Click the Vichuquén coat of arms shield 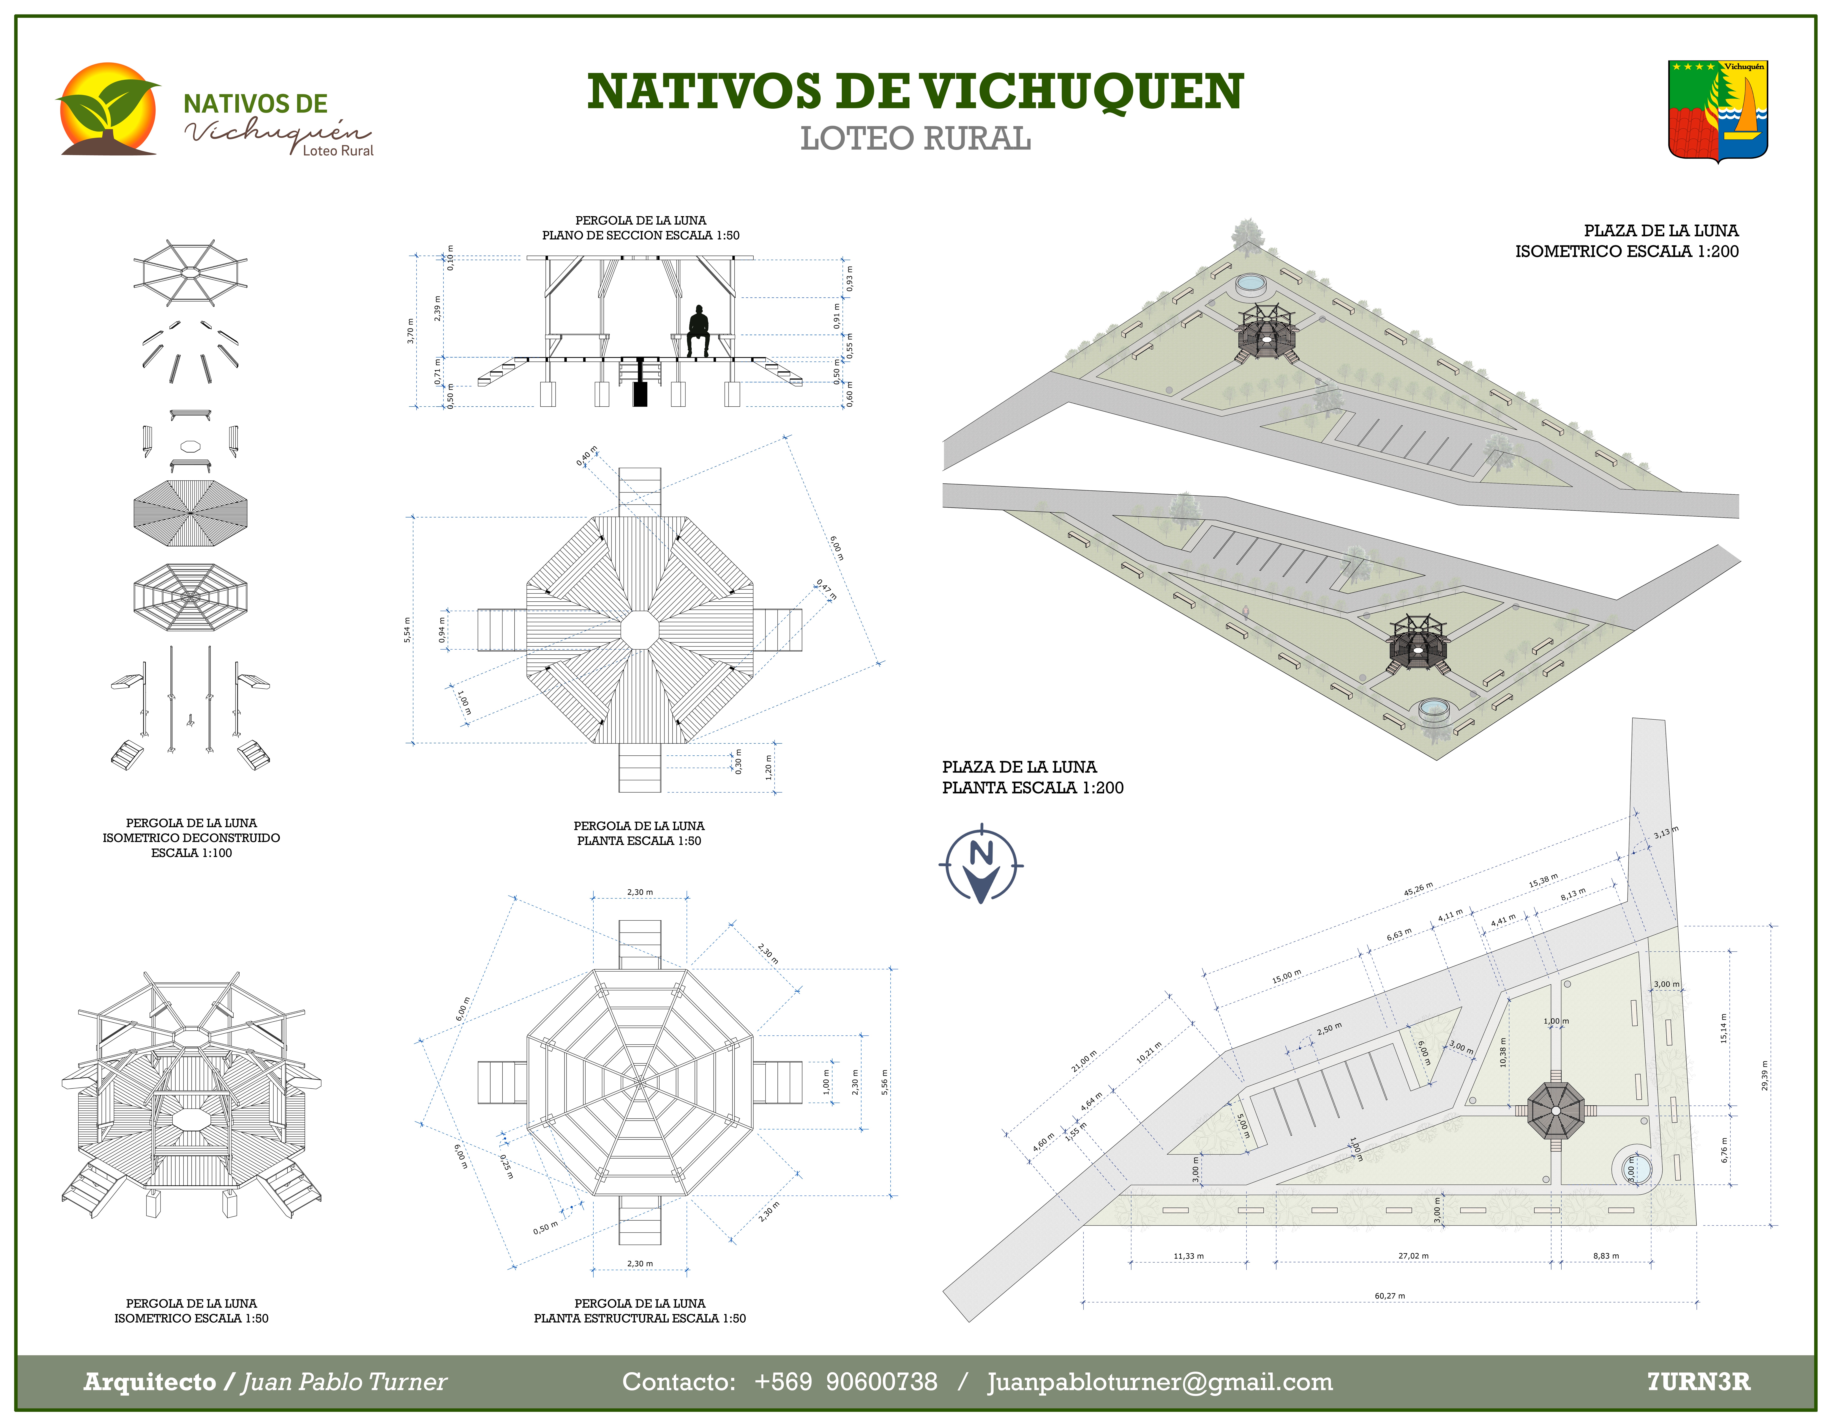(1718, 110)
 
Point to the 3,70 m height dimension (410, 331)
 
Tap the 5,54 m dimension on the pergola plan (407, 630)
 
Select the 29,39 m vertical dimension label (1764, 1075)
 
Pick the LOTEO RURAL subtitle (915, 138)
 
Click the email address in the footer (1159, 1382)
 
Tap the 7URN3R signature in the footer (1699, 1382)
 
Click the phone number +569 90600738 (845, 1382)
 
